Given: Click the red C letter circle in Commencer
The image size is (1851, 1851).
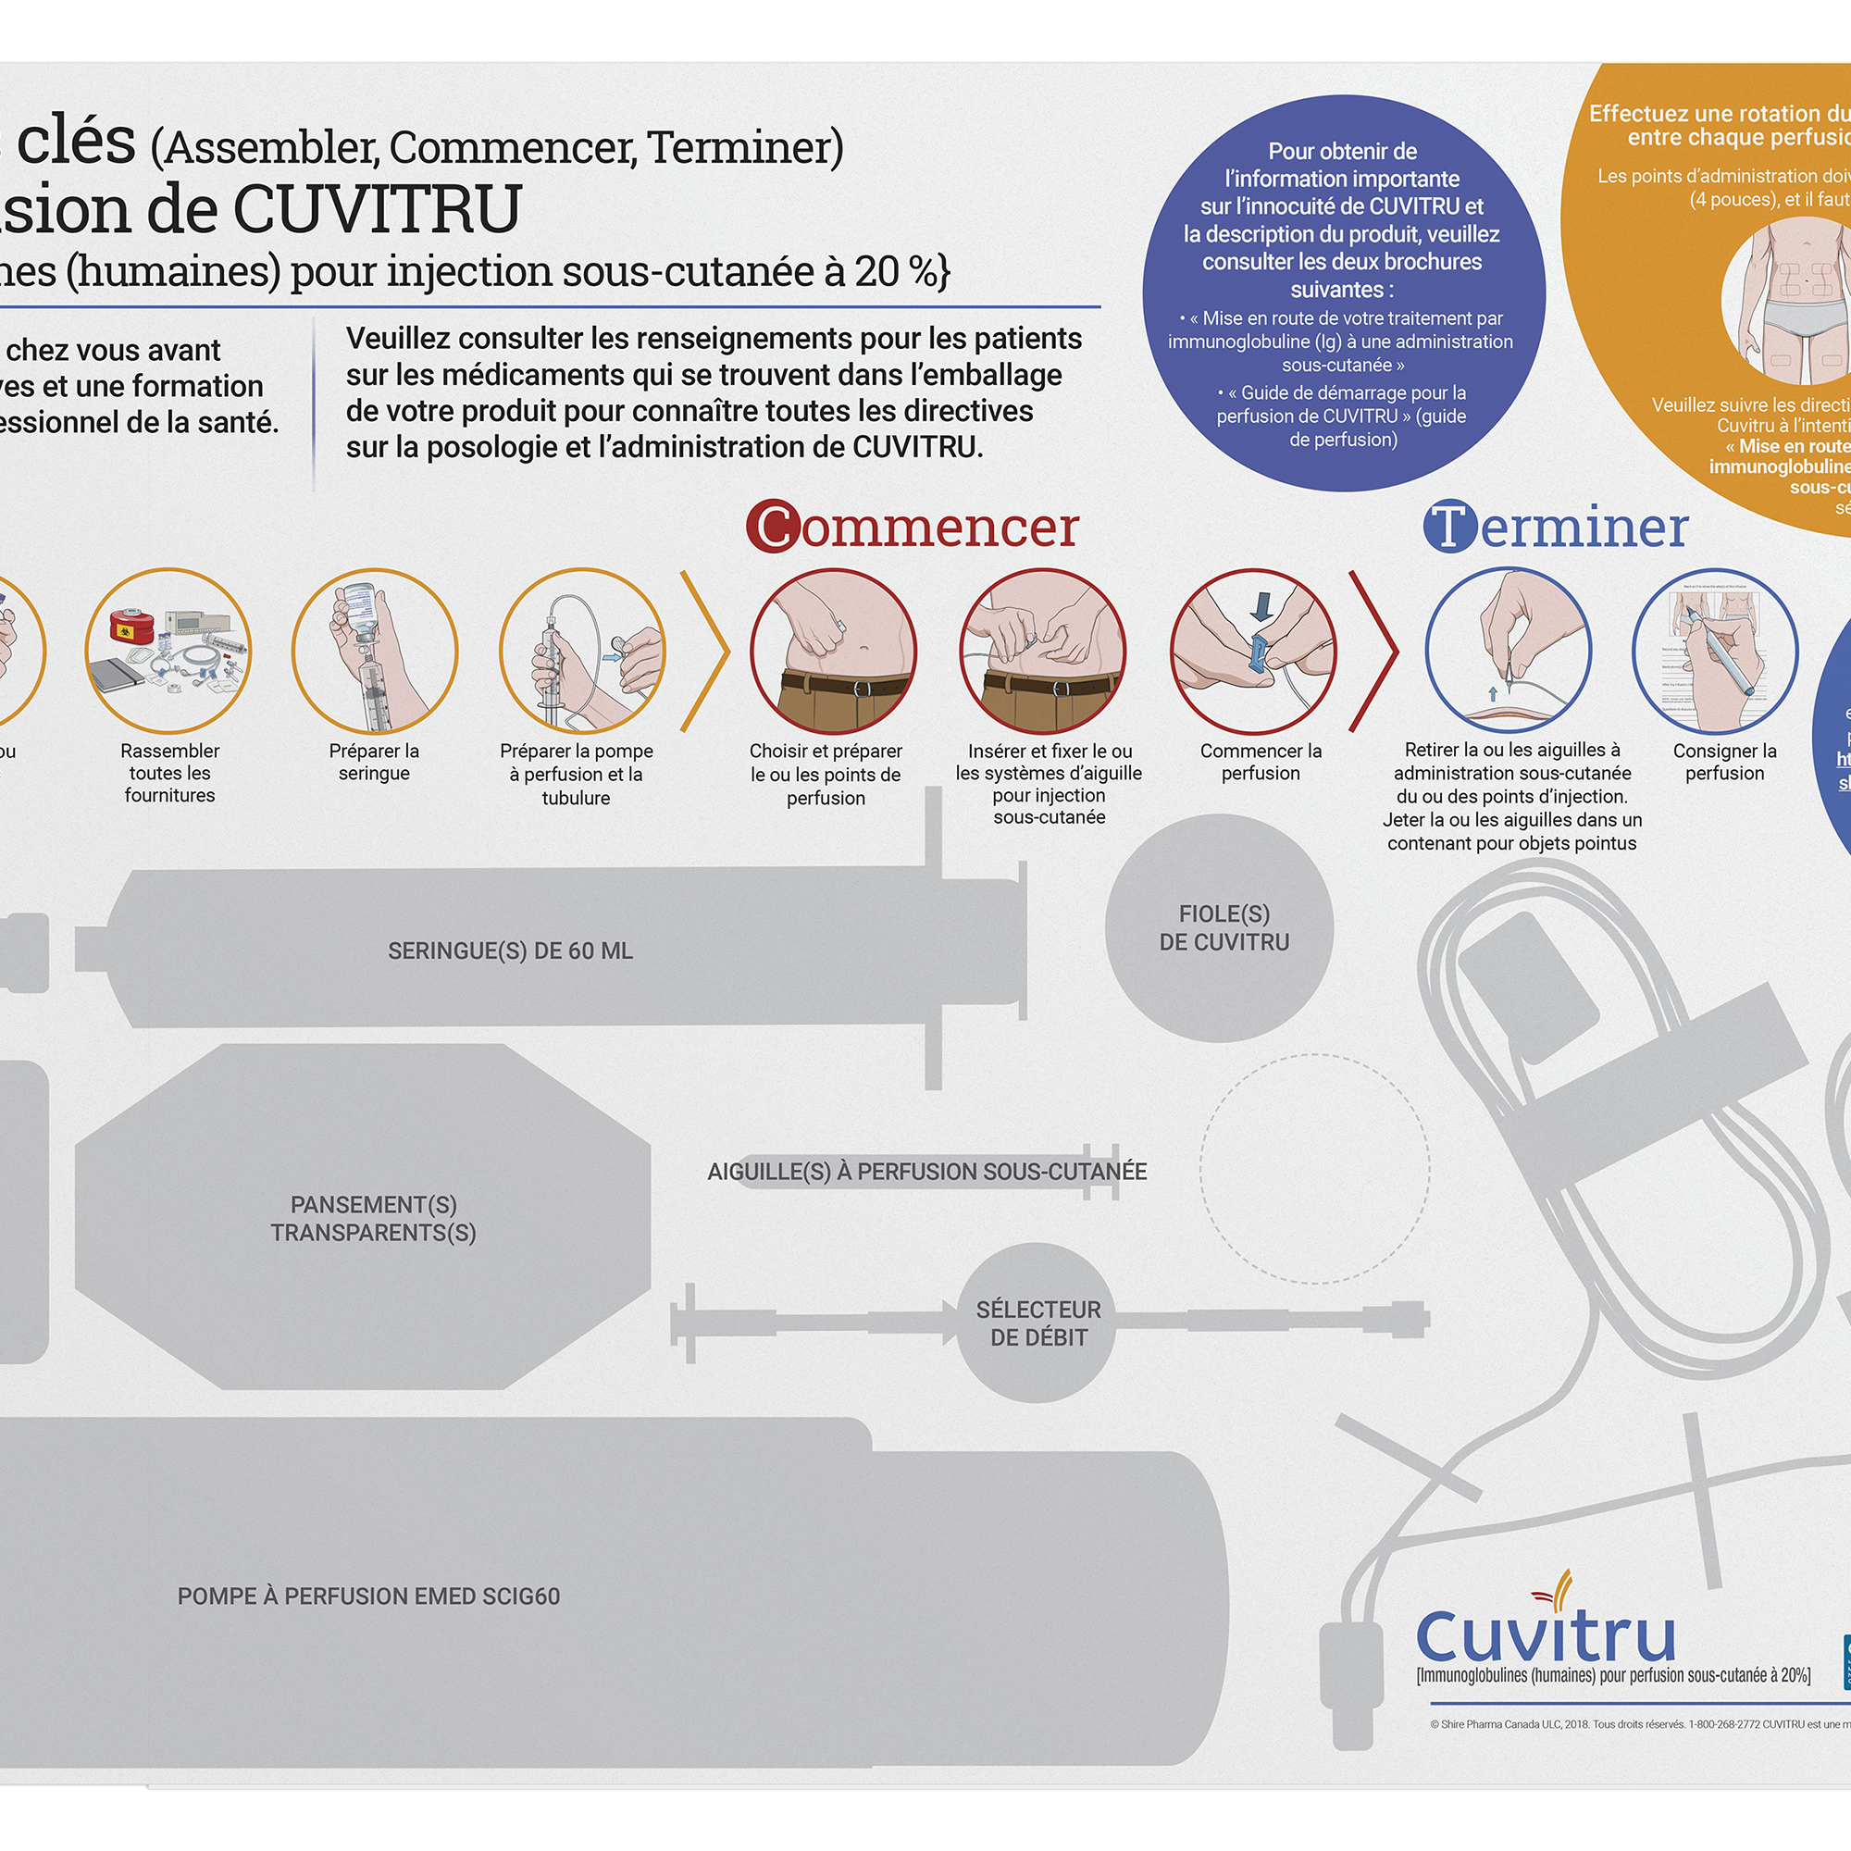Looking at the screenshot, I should (773, 526).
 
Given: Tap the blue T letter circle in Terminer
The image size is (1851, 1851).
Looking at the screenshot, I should (1449, 526).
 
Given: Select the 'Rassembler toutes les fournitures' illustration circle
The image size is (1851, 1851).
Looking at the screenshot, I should (168, 652).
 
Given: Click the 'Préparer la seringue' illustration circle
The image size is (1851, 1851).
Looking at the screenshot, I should (375, 652).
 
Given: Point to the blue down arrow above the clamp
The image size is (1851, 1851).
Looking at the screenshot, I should (1261, 606).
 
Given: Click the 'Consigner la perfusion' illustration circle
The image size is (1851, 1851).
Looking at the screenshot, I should (1715, 652).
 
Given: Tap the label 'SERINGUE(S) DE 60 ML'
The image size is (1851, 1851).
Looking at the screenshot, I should (510, 951).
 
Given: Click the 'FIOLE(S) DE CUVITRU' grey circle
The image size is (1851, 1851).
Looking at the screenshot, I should (1220, 927).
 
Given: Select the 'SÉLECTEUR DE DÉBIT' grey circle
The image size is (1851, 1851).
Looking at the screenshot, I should (1037, 1323).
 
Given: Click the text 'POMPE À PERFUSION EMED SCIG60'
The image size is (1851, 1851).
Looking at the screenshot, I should (369, 1596).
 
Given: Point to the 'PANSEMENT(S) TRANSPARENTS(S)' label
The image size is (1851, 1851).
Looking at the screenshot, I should (374, 1218).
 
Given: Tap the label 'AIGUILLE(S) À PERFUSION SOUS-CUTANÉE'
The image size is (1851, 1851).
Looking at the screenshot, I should (926, 1172).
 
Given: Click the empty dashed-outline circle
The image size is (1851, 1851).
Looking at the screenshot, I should (1314, 1168).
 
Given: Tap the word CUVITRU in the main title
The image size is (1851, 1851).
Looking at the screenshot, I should (377, 210).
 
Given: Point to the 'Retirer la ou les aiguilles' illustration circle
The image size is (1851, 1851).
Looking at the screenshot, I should (1508, 652).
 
